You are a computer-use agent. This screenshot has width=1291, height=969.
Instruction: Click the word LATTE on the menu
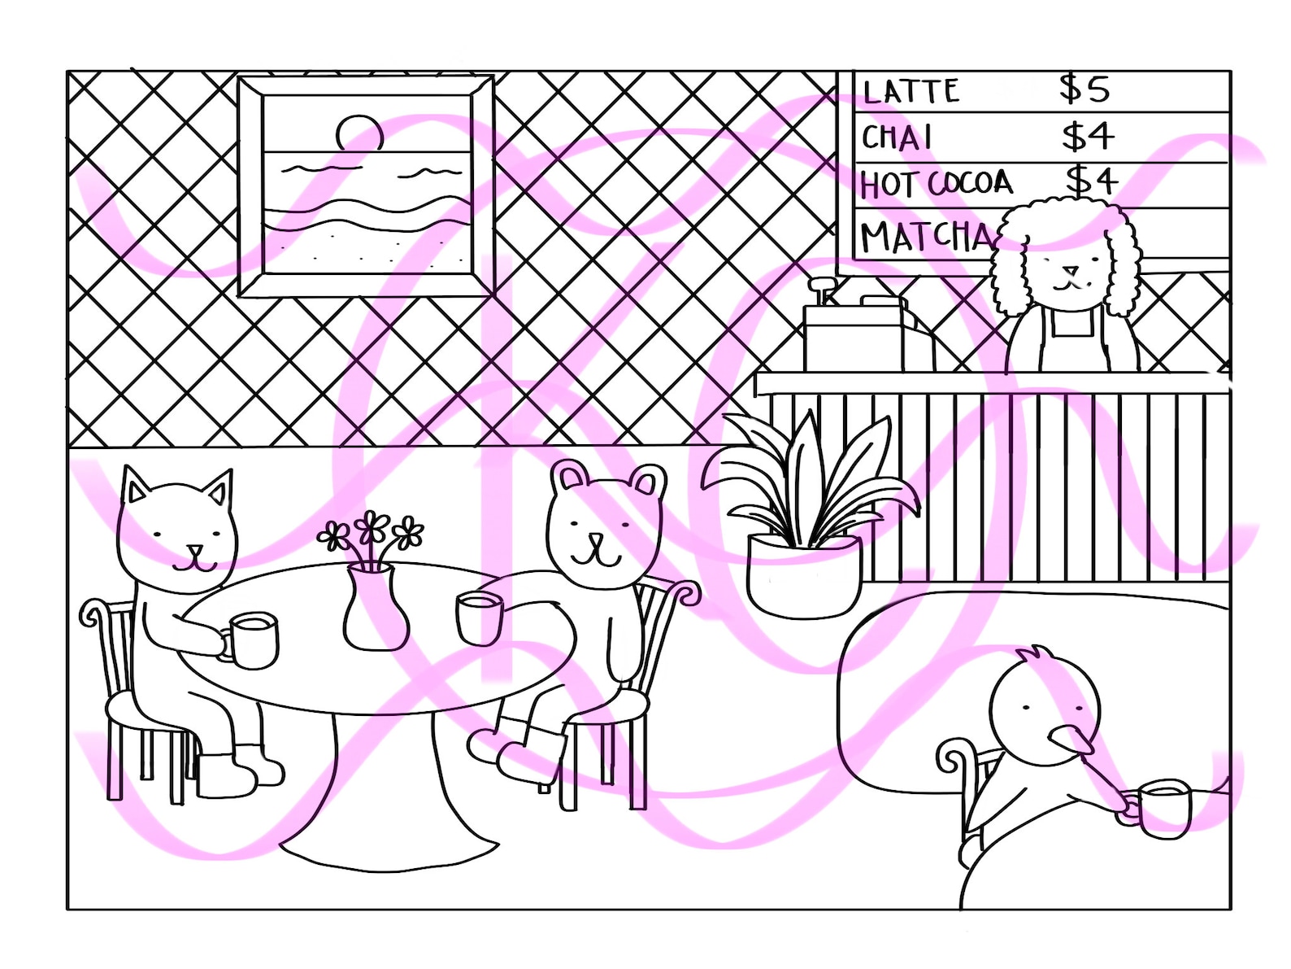point(911,92)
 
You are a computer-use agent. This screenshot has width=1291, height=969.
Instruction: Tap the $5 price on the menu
point(1085,89)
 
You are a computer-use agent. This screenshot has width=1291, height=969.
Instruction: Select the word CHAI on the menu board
point(897,138)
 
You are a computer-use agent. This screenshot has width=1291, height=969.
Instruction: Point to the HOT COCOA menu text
point(936,184)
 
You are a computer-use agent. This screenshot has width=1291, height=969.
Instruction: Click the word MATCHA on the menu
point(925,237)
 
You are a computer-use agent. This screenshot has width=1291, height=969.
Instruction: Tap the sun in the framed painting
point(359,132)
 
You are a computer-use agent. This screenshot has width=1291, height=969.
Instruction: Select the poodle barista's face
point(1069,271)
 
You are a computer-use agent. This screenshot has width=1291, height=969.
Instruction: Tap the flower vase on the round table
point(375,607)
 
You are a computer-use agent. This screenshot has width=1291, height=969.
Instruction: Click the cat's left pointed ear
point(135,490)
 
